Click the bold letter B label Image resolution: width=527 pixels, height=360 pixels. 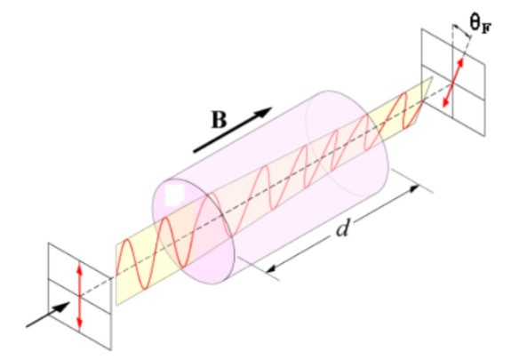(x=220, y=120)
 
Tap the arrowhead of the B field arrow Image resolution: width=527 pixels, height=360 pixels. (x=265, y=112)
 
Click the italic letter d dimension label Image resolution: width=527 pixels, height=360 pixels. (x=342, y=230)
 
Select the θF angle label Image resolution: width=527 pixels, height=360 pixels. (x=480, y=25)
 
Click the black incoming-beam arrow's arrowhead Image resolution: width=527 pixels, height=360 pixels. (x=64, y=306)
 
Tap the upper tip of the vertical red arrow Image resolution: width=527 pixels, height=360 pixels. (x=79, y=265)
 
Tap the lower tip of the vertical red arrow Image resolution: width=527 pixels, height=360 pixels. (x=79, y=327)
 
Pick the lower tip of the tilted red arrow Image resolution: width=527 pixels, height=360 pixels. (x=444, y=107)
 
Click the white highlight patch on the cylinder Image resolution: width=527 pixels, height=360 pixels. (x=174, y=196)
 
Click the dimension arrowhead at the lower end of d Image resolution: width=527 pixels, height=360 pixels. (x=269, y=269)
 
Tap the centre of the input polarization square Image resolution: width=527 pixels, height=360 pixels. (x=79, y=296)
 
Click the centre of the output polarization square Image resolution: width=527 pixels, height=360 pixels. (x=452, y=83)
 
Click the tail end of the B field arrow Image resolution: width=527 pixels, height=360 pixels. (x=195, y=152)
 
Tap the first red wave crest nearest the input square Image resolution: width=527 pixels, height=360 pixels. (x=125, y=242)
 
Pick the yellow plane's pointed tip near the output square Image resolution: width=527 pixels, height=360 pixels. (x=432, y=78)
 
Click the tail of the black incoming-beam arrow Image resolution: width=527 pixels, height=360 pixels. (x=27, y=326)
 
